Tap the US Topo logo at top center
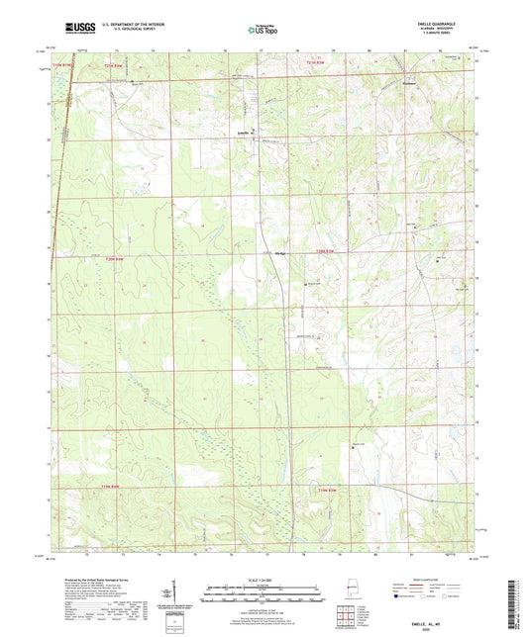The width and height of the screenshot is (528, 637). pyautogui.click(x=264, y=30)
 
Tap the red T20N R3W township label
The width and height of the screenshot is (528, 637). pyautogui.click(x=327, y=254)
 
